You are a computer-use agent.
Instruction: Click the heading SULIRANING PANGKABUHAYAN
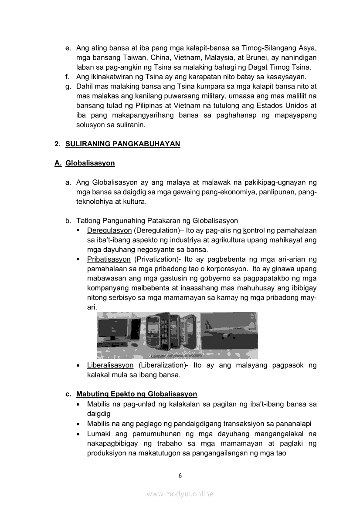point(122,144)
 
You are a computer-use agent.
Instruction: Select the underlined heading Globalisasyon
point(90,163)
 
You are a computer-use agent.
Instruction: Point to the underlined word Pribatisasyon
point(109,259)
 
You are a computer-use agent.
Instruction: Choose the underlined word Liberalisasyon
point(110,365)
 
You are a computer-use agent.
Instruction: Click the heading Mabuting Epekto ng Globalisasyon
point(136,394)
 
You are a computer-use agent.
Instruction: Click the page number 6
point(180,475)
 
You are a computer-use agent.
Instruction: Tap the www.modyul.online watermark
point(180,494)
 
